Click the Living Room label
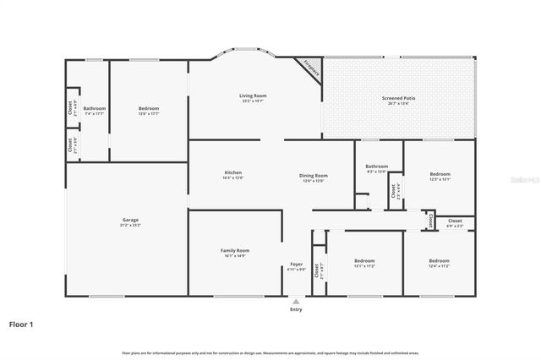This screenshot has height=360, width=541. (254, 98)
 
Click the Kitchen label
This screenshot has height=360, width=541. (232, 176)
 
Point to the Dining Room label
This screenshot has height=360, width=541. (312, 177)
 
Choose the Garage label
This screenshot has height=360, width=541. (130, 222)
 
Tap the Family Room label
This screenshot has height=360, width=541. (236, 253)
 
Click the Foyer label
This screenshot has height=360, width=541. (297, 266)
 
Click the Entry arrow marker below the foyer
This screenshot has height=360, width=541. (296, 300)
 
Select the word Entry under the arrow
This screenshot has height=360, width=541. (296, 309)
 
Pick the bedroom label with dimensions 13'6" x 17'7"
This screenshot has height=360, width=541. (149, 111)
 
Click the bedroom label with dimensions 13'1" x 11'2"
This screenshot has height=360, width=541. (364, 263)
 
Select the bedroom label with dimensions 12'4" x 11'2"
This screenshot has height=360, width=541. (439, 263)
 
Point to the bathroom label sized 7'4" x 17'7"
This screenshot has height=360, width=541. (94, 111)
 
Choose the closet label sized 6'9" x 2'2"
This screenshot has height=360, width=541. (455, 223)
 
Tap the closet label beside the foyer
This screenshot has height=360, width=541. (318, 271)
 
